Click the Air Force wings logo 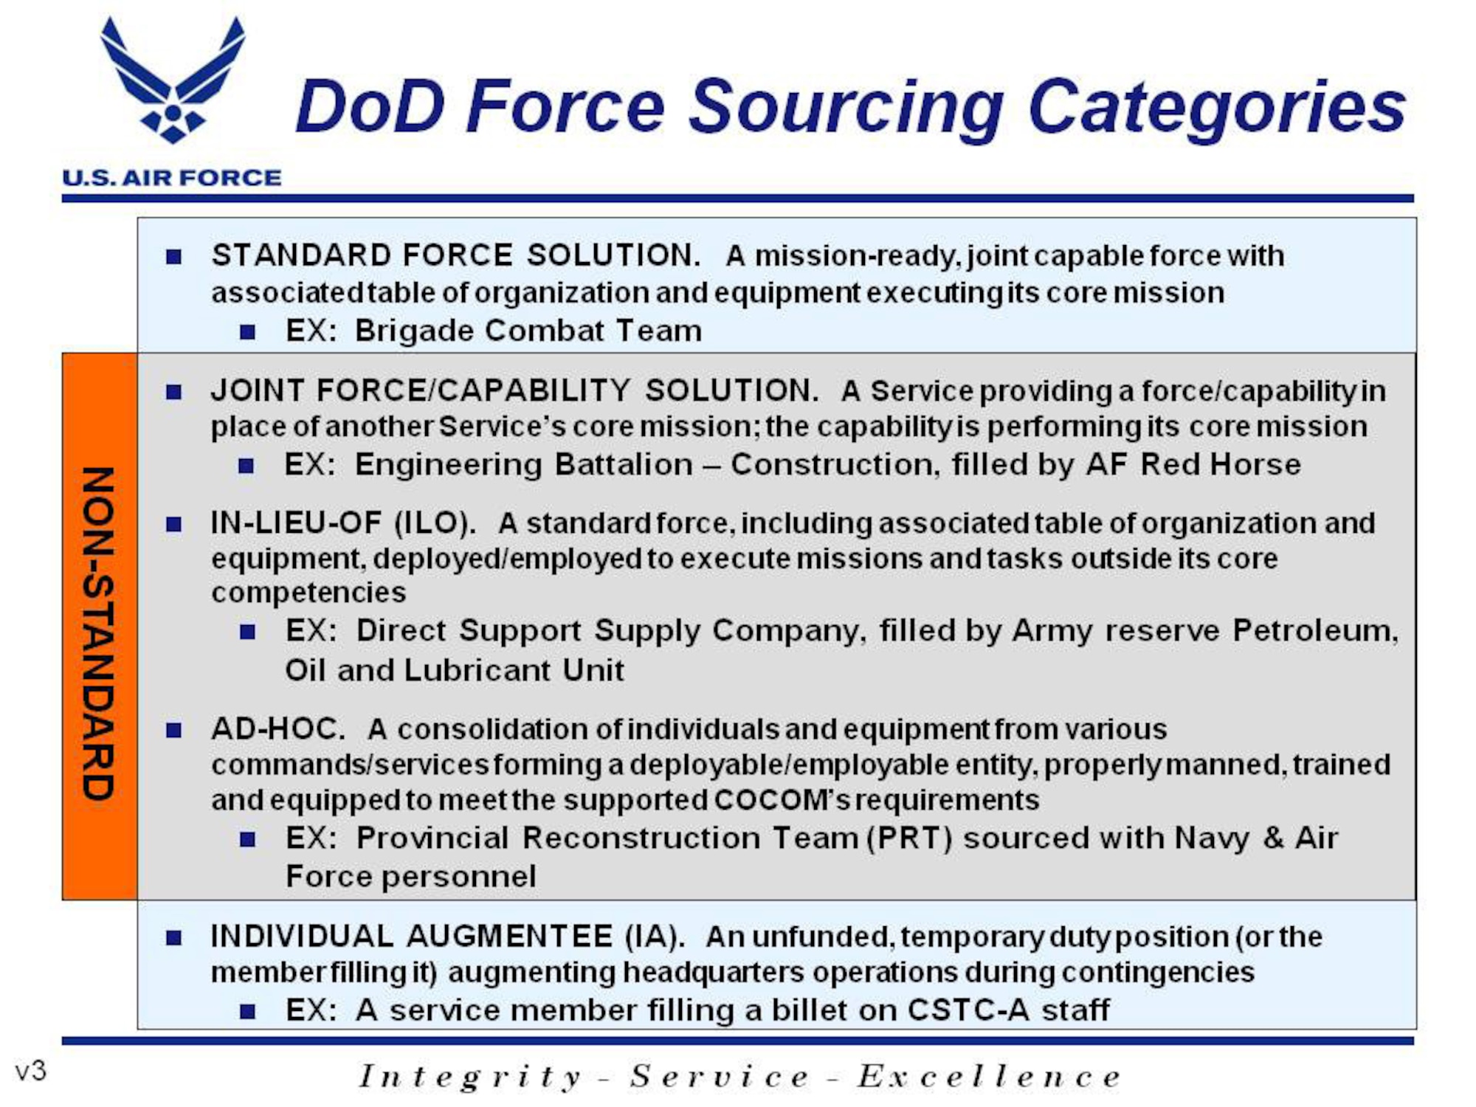(x=173, y=81)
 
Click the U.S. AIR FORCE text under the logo (x=171, y=178)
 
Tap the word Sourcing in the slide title (x=846, y=108)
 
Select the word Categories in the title (x=1216, y=108)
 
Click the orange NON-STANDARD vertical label (x=99, y=633)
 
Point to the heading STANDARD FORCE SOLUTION (x=455, y=255)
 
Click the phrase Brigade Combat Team (x=528, y=331)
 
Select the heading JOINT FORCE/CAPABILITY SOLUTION (x=514, y=390)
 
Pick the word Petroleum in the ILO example (x=1314, y=631)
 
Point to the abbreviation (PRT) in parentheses (x=909, y=838)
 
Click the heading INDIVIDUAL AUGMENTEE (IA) (x=447, y=937)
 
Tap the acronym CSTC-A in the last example (x=968, y=1010)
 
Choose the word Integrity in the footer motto (x=470, y=1077)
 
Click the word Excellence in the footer (x=989, y=1077)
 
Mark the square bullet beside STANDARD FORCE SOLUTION (x=174, y=257)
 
